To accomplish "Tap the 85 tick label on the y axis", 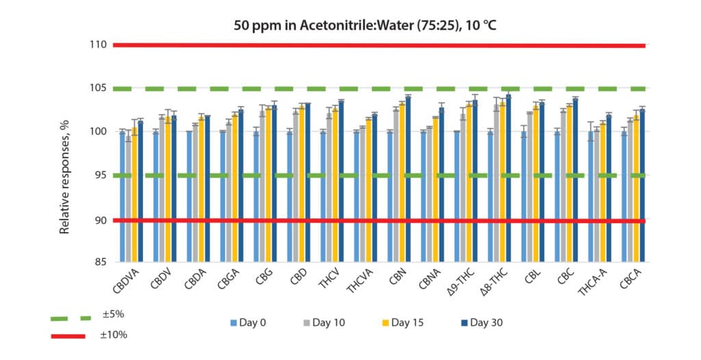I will coord(99,262).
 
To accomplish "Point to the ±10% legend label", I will coord(114,335).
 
